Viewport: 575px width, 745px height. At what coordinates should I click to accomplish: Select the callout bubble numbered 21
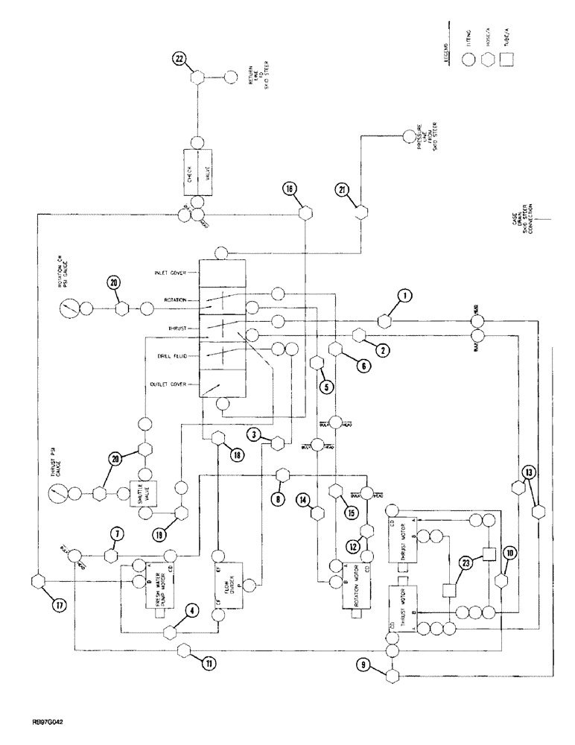343,189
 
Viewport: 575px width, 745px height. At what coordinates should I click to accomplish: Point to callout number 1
405,296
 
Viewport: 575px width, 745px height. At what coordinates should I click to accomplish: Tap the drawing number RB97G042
38,722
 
